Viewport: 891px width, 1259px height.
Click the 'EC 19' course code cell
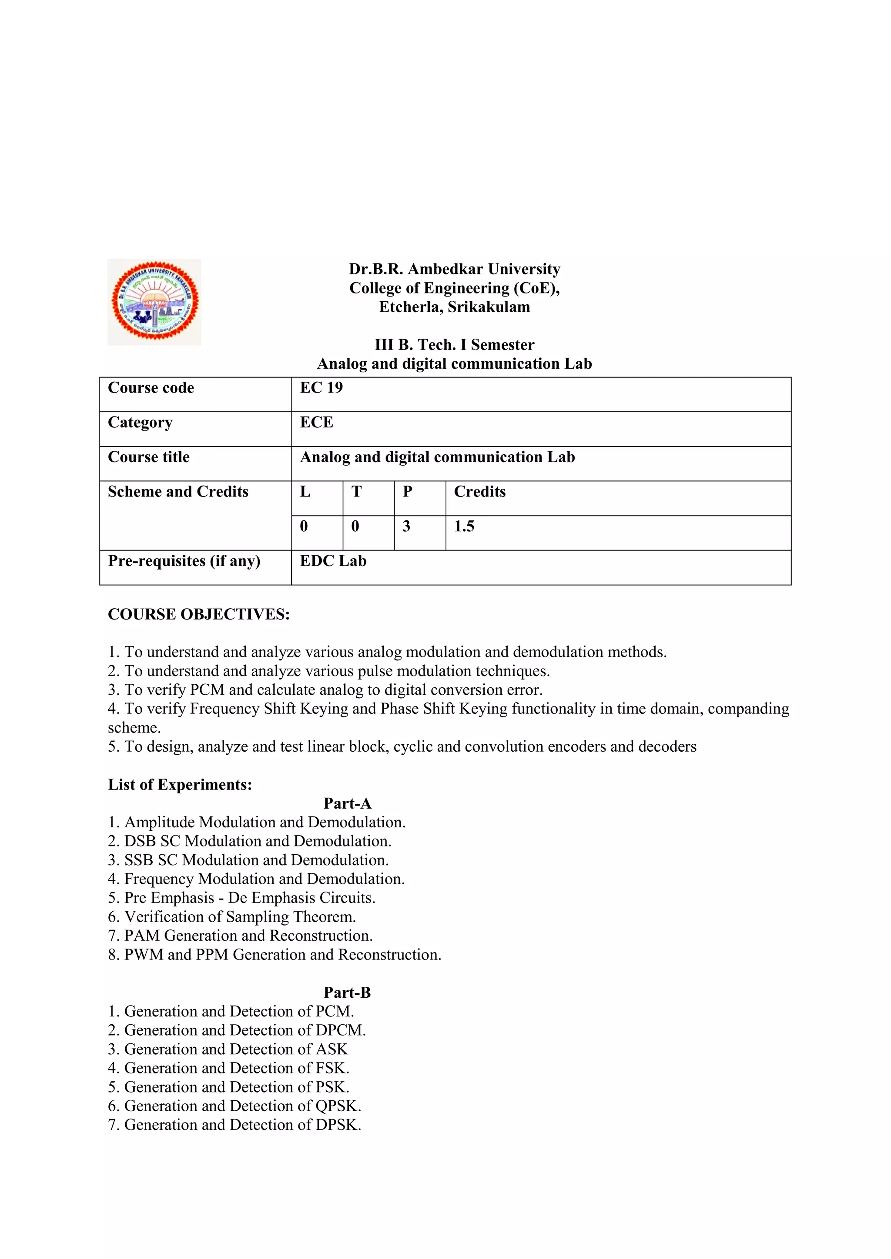coord(321,388)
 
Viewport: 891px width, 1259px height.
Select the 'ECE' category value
coord(317,422)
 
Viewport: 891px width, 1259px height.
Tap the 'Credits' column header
coord(479,491)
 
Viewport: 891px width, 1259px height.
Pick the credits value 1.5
coord(464,526)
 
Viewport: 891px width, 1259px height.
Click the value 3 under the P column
coord(406,526)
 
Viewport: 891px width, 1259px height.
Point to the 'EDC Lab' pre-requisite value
coord(333,561)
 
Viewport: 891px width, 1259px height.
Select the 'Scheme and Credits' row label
coord(178,491)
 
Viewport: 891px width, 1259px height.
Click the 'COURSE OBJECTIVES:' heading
coord(199,614)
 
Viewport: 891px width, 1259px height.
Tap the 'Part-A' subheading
coord(347,803)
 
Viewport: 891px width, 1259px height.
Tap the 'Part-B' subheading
coord(347,993)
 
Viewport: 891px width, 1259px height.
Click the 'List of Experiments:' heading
coord(180,785)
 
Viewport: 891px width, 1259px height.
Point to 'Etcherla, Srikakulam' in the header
coord(454,306)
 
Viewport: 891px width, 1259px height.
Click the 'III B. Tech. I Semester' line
coord(454,344)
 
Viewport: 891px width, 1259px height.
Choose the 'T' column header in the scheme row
coord(357,491)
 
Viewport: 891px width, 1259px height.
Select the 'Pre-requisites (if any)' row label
coord(184,561)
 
